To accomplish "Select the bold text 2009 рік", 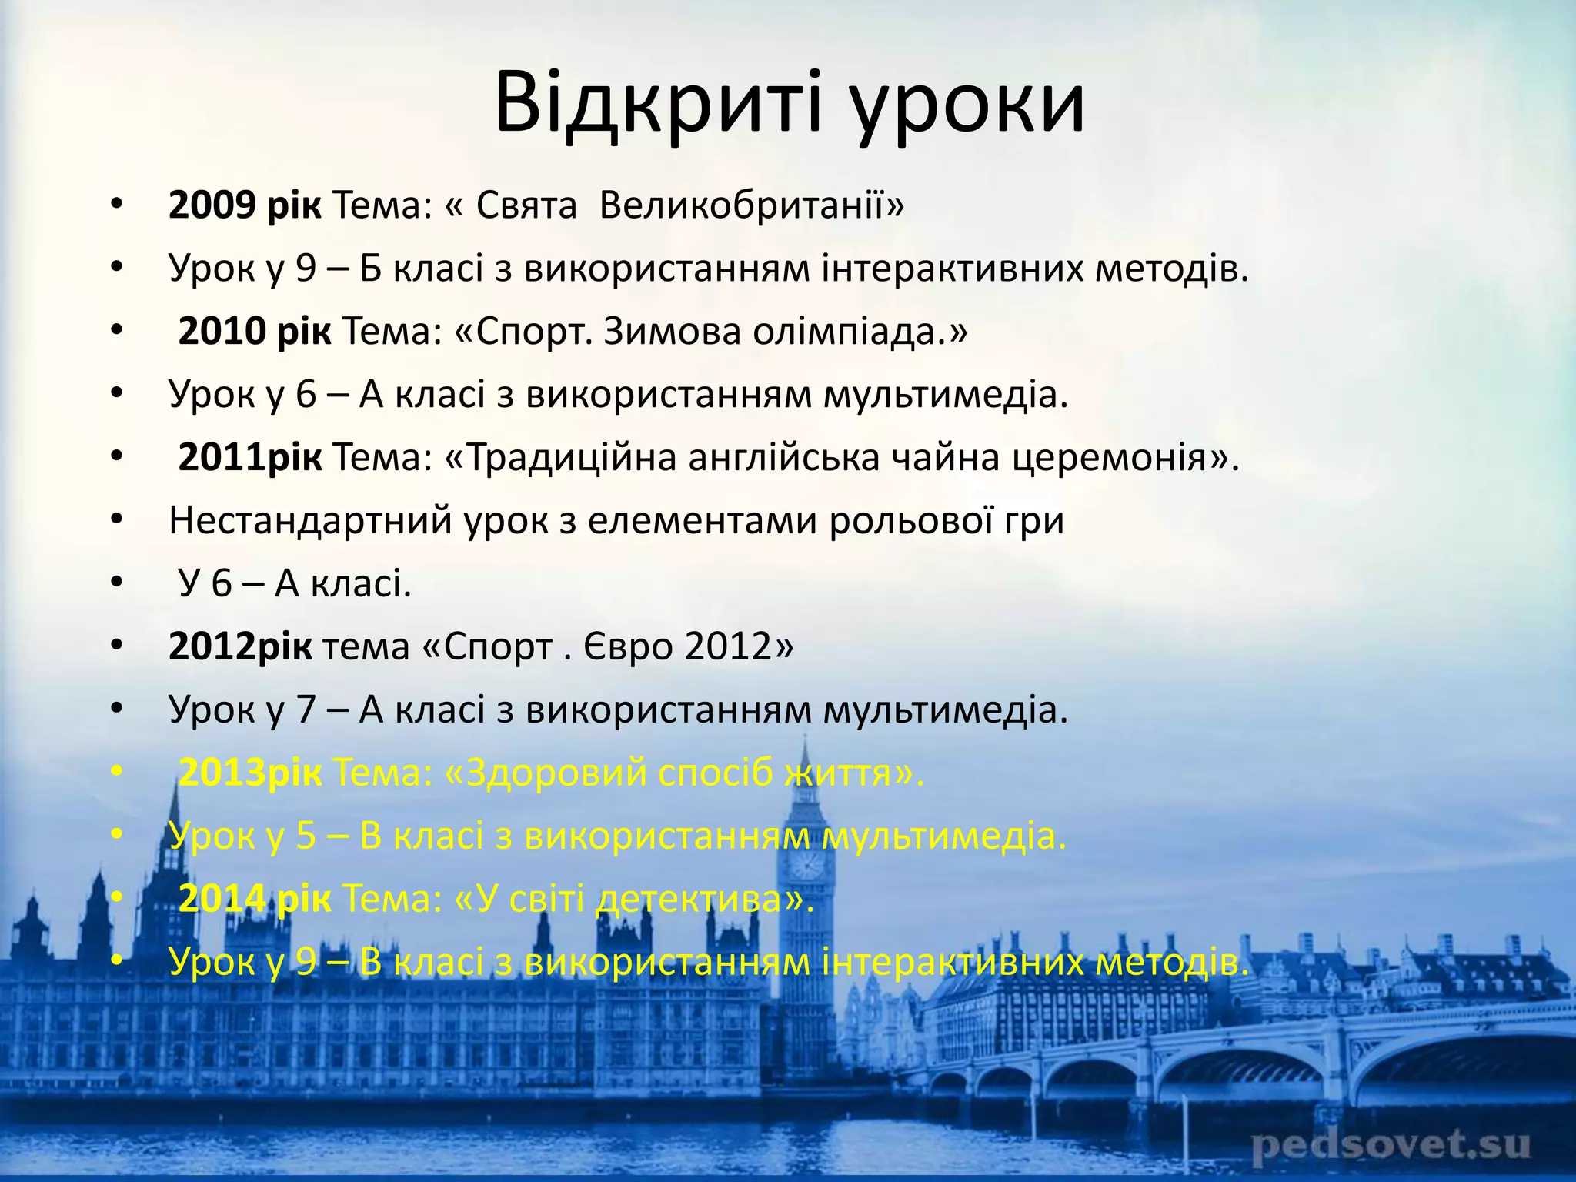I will pyautogui.click(x=245, y=205).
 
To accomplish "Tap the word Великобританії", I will pyautogui.click(x=751, y=205).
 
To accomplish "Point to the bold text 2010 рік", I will pyautogui.click(x=255, y=332).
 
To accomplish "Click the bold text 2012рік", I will pyautogui.click(x=240, y=646).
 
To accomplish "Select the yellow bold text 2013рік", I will pyautogui.click(x=250, y=773).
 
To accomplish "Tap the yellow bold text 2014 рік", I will pyautogui.click(x=255, y=899).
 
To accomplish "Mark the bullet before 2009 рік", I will pyautogui.click(x=116, y=205).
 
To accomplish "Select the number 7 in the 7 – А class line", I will pyautogui.click(x=306, y=710).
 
